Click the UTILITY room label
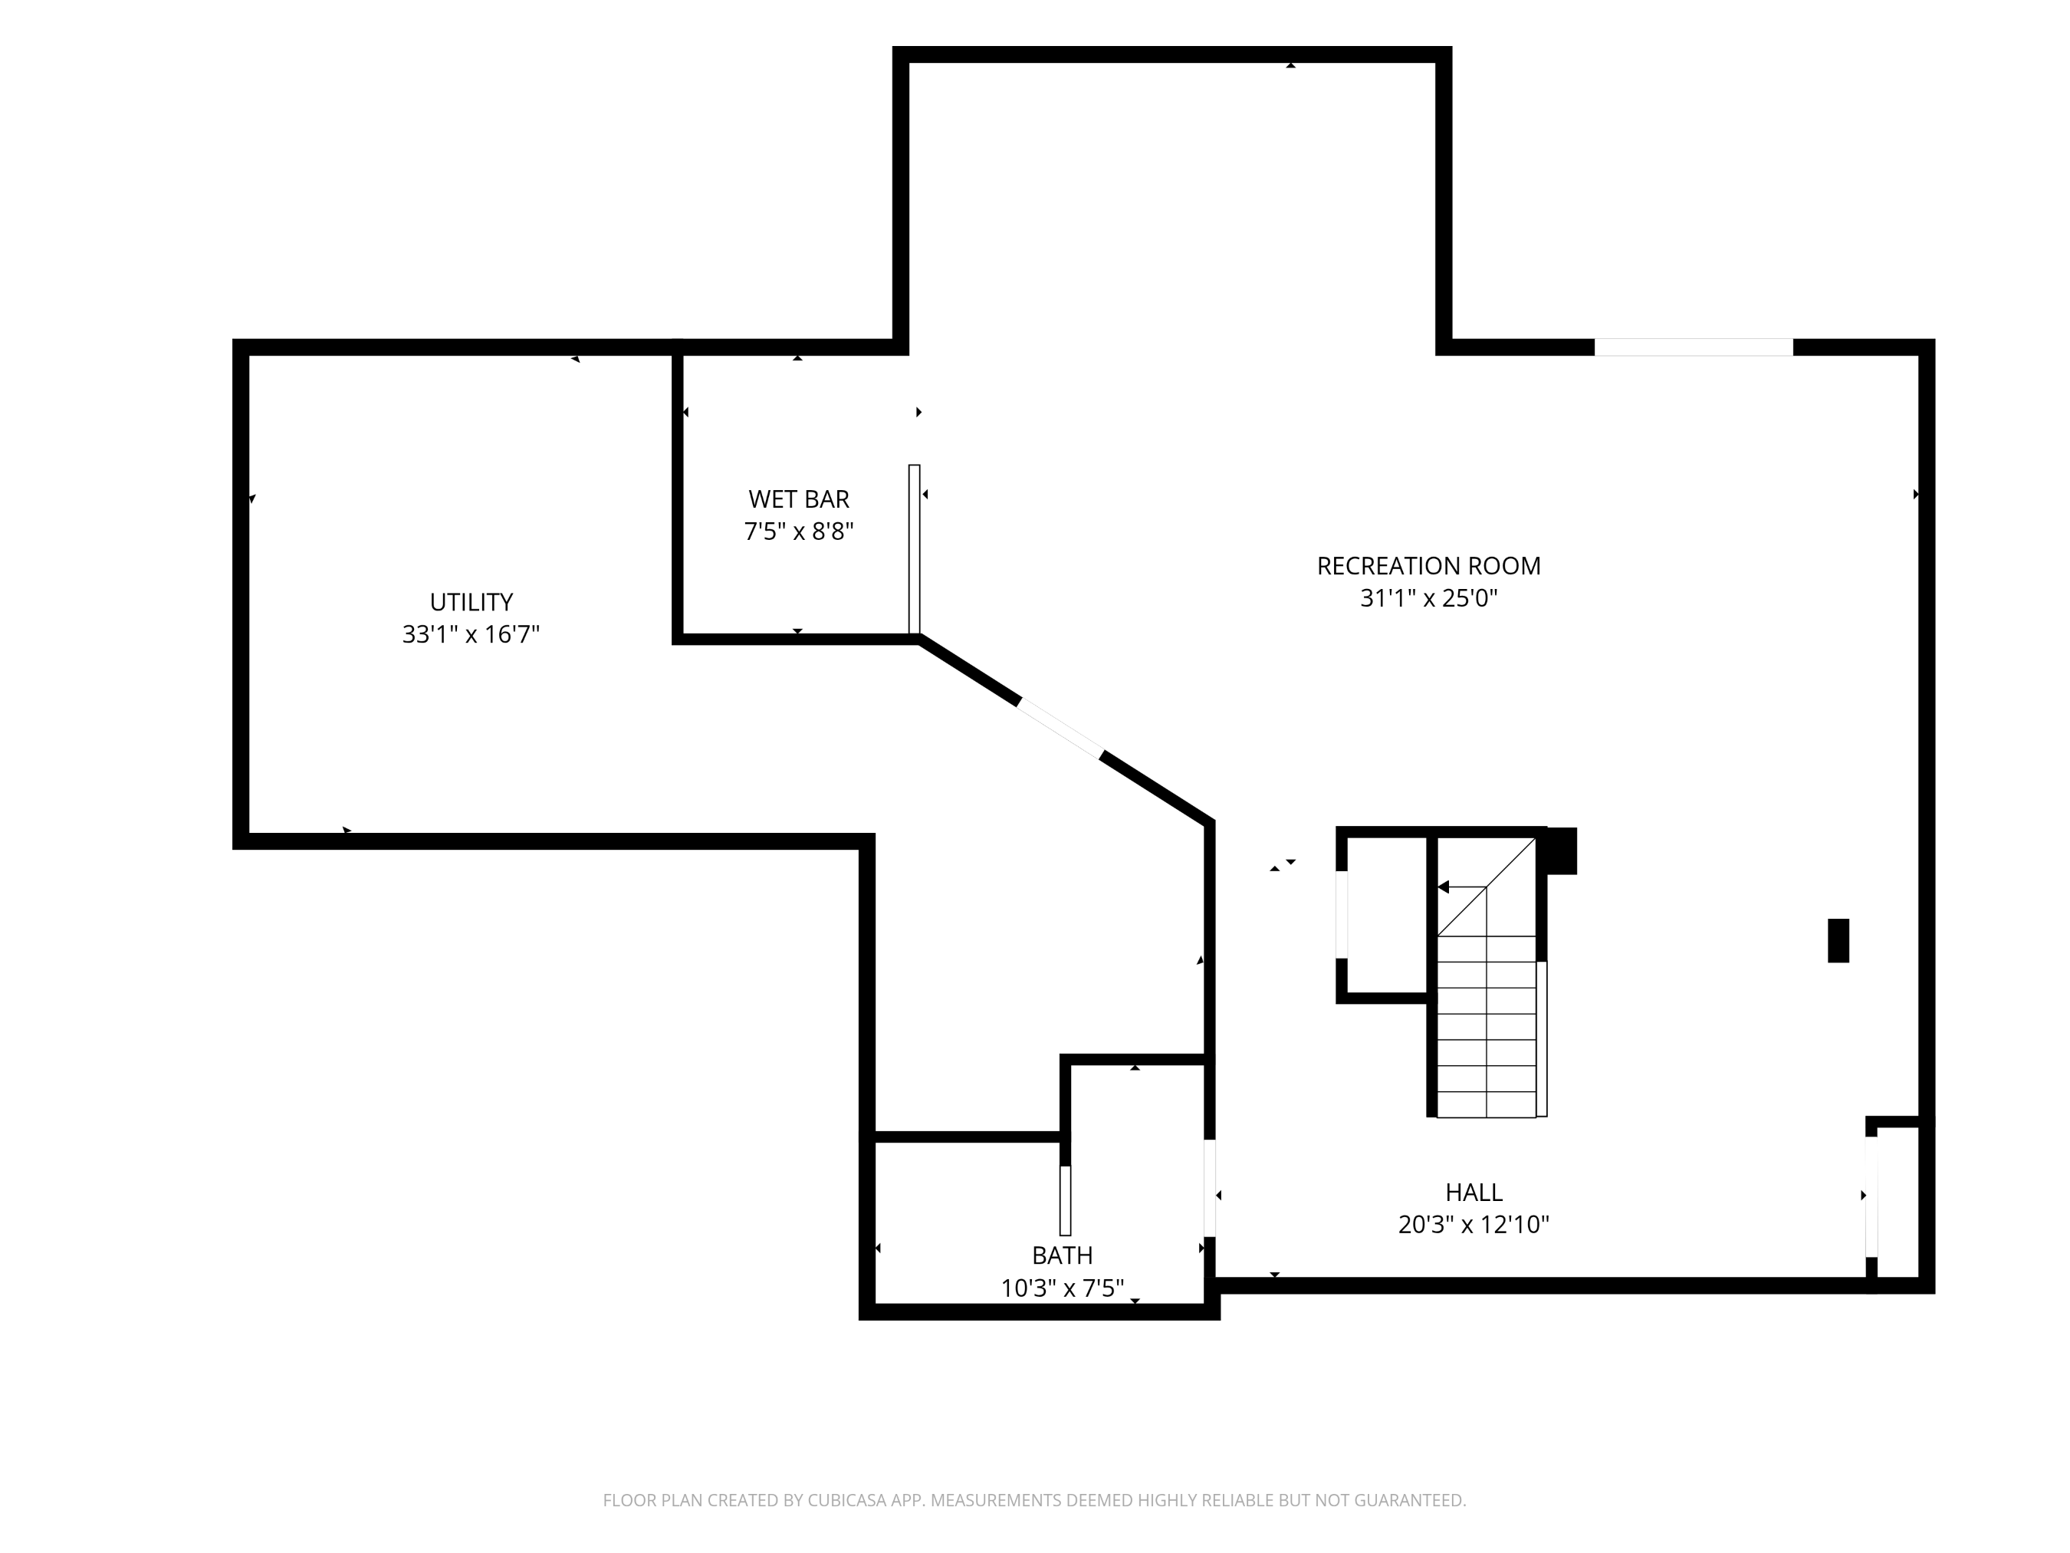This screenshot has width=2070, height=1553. pos(471,602)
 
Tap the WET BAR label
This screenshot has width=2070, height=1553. pos(798,499)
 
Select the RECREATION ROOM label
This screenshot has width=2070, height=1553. pos(1428,565)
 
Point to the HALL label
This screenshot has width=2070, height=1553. pos(1474,1192)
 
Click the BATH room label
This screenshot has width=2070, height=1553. pos(1062,1255)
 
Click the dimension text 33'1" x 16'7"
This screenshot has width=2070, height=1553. pos(471,633)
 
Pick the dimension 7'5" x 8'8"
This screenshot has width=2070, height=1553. pos(798,531)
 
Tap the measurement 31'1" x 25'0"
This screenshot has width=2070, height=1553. pos(1428,597)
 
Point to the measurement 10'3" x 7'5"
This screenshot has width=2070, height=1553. pos(1062,1288)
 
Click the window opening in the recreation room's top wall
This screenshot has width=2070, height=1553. pos(1694,347)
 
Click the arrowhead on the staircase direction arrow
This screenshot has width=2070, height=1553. pos(1443,887)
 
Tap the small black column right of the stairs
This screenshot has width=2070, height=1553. pos(1838,941)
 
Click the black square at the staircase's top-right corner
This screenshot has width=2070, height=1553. pos(1561,851)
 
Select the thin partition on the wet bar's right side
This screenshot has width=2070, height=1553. pos(915,550)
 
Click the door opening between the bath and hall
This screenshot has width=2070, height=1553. pos(1209,1188)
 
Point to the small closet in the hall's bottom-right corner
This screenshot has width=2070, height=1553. pos(1898,1202)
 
